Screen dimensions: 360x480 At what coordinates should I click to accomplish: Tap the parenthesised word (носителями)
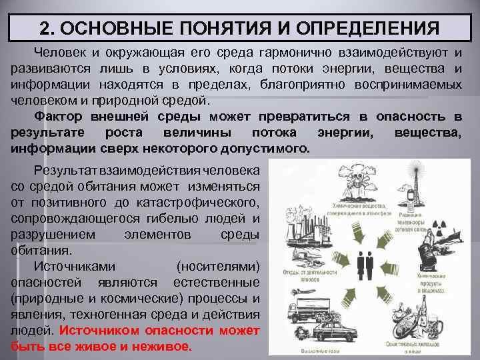tap(218, 266)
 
